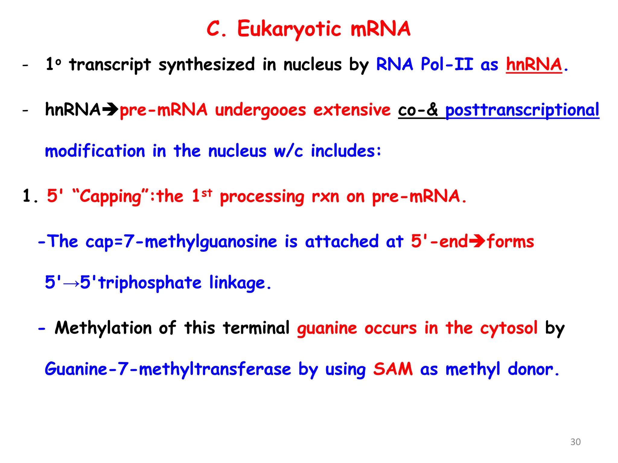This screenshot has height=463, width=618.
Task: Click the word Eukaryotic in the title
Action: [x=289, y=29]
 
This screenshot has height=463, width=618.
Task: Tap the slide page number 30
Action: [x=575, y=442]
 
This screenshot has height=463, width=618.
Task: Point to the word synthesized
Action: [x=207, y=65]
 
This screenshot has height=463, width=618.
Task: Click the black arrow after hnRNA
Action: [x=110, y=109]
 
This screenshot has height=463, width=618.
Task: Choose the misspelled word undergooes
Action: [x=260, y=110]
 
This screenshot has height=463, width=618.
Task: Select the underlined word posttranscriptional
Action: [x=522, y=110]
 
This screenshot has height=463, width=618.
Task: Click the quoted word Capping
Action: [x=110, y=196]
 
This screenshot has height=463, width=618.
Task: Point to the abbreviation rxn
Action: [x=325, y=196]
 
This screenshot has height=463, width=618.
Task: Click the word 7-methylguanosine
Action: [x=200, y=241]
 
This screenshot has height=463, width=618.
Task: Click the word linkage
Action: [x=237, y=283]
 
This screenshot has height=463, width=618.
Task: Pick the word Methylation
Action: [x=103, y=328]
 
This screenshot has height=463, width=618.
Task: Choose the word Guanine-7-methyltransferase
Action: [x=168, y=369]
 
